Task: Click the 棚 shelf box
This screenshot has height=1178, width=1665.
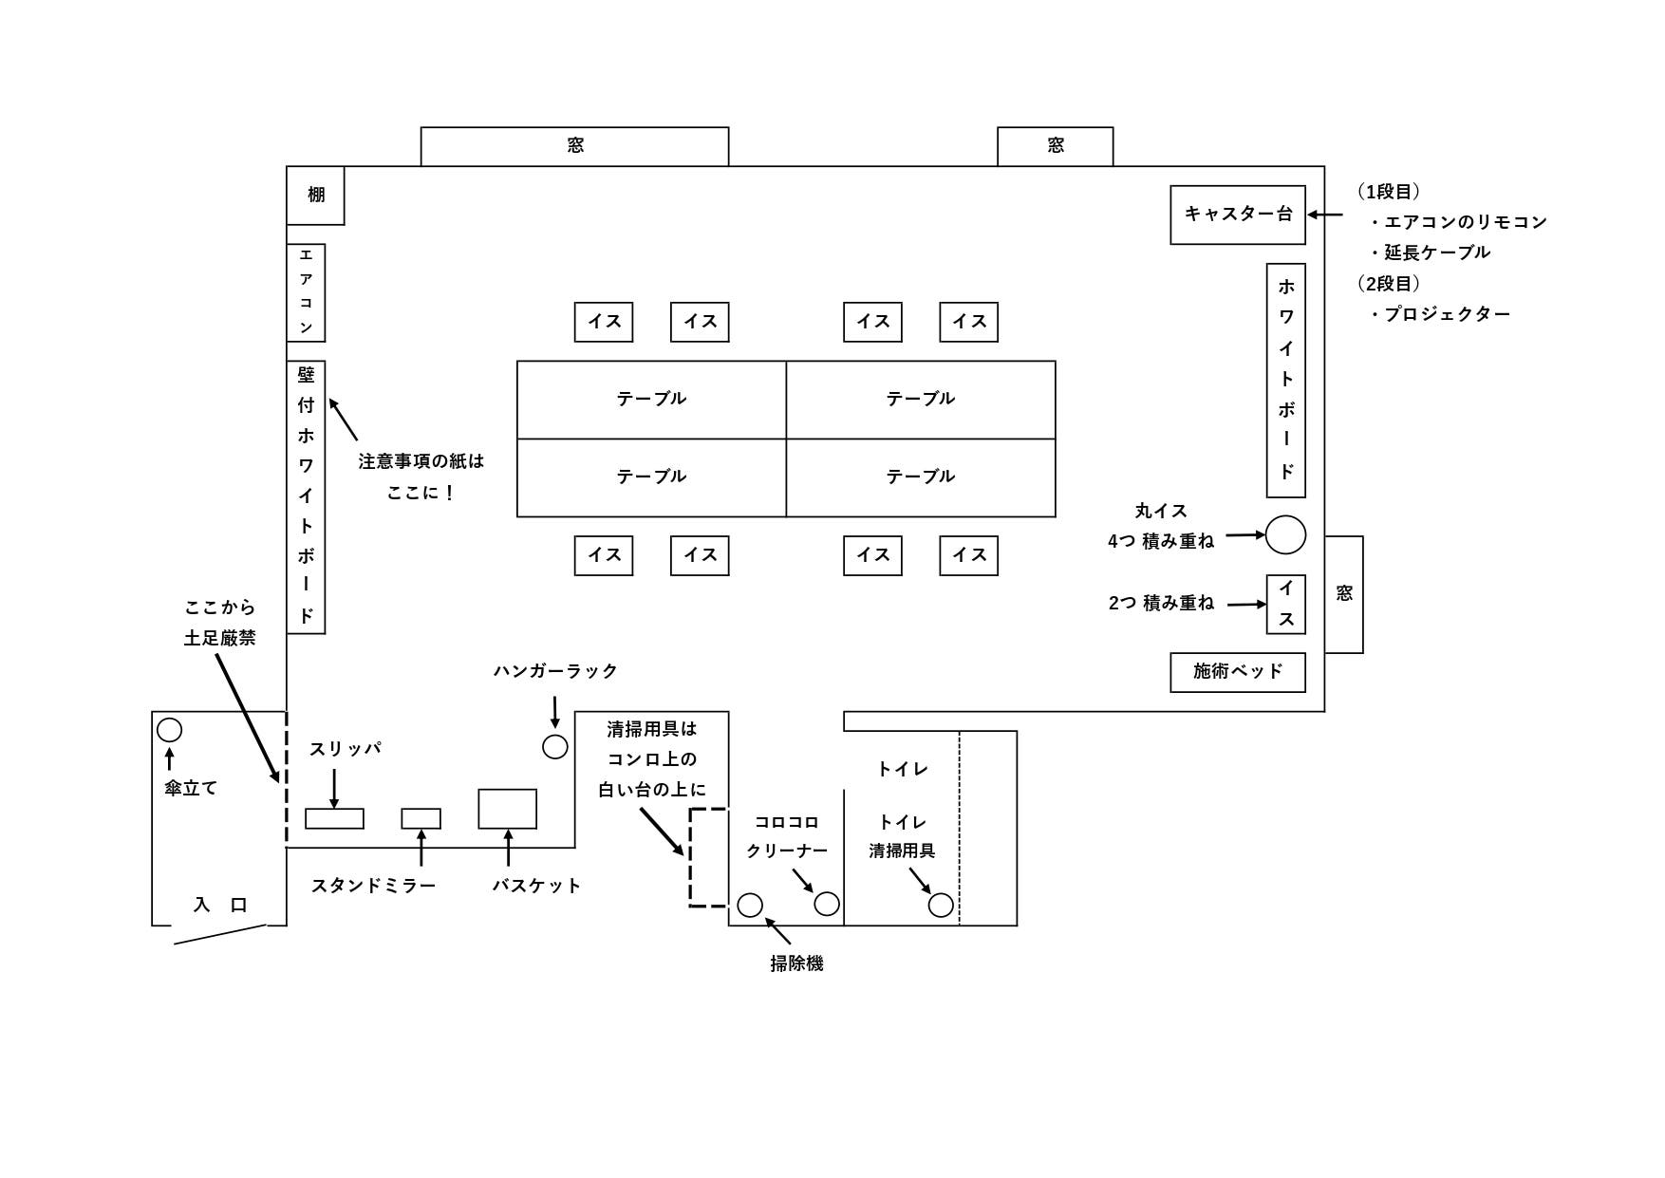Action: pos(315,196)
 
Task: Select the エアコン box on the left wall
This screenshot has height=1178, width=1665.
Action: pos(306,292)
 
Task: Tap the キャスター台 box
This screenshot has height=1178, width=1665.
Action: pos(1237,215)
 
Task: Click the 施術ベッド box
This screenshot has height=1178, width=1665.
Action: pos(1237,672)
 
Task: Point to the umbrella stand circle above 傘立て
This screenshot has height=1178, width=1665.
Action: pos(169,730)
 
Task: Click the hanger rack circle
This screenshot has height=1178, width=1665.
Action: pos(555,747)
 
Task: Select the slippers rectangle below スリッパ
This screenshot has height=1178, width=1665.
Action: pos(334,818)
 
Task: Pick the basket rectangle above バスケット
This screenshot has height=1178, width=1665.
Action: pos(507,809)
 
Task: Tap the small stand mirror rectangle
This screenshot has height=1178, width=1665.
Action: pos(421,818)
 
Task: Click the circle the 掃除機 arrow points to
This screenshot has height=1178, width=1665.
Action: pos(750,905)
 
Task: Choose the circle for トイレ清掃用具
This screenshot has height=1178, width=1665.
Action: pos(941,905)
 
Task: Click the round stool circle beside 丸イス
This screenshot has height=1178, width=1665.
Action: pos(1285,535)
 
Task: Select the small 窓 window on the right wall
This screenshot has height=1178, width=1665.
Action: pos(1344,594)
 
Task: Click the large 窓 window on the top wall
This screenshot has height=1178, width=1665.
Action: pos(574,146)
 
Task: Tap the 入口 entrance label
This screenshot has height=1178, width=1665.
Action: pos(220,905)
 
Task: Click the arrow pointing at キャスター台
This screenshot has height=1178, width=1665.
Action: pos(1326,215)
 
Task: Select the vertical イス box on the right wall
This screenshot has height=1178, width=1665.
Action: pos(1285,604)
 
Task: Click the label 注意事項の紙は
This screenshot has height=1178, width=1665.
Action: pos(421,461)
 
